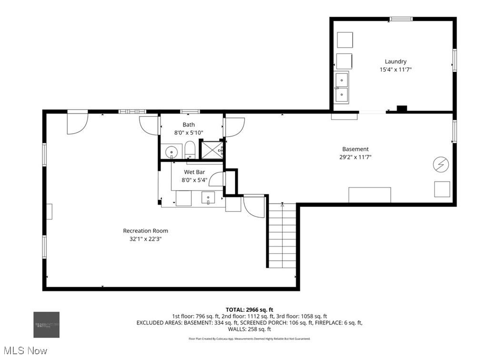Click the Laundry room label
(395, 61)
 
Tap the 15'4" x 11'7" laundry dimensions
(395, 70)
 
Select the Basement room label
(355, 149)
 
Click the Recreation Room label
(145, 231)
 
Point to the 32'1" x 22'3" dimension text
(145, 239)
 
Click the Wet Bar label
(194, 172)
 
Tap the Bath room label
(188, 125)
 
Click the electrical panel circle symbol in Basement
(440, 165)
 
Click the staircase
(282, 236)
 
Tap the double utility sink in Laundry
(341, 88)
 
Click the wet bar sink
(208, 197)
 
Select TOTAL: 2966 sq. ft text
(249, 310)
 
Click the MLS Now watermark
(24, 351)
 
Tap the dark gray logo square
(46, 325)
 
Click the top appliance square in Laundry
(345, 40)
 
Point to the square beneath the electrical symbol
(442, 189)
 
